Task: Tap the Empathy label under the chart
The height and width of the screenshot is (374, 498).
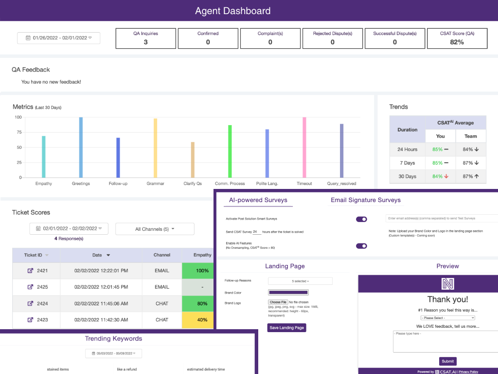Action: (44, 184)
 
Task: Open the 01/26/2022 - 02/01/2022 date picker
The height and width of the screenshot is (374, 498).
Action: (58, 38)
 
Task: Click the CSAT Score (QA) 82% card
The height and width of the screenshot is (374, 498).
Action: (457, 38)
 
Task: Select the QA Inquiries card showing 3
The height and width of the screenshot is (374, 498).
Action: (145, 38)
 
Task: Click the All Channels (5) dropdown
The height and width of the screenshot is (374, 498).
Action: (155, 229)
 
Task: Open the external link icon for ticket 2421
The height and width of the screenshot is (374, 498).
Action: (30, 271)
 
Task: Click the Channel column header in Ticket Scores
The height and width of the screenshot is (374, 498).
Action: (162, 255)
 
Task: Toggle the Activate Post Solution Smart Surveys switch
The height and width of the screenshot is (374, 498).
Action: (361, 220)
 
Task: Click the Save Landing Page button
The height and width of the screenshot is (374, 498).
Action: (287, 328)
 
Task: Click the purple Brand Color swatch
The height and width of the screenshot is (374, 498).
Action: (288, 292)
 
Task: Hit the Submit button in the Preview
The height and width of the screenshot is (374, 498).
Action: (448, 361)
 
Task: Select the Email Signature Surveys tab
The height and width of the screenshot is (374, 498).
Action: (366, 200)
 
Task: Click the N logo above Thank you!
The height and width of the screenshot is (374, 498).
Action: (447, 284)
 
